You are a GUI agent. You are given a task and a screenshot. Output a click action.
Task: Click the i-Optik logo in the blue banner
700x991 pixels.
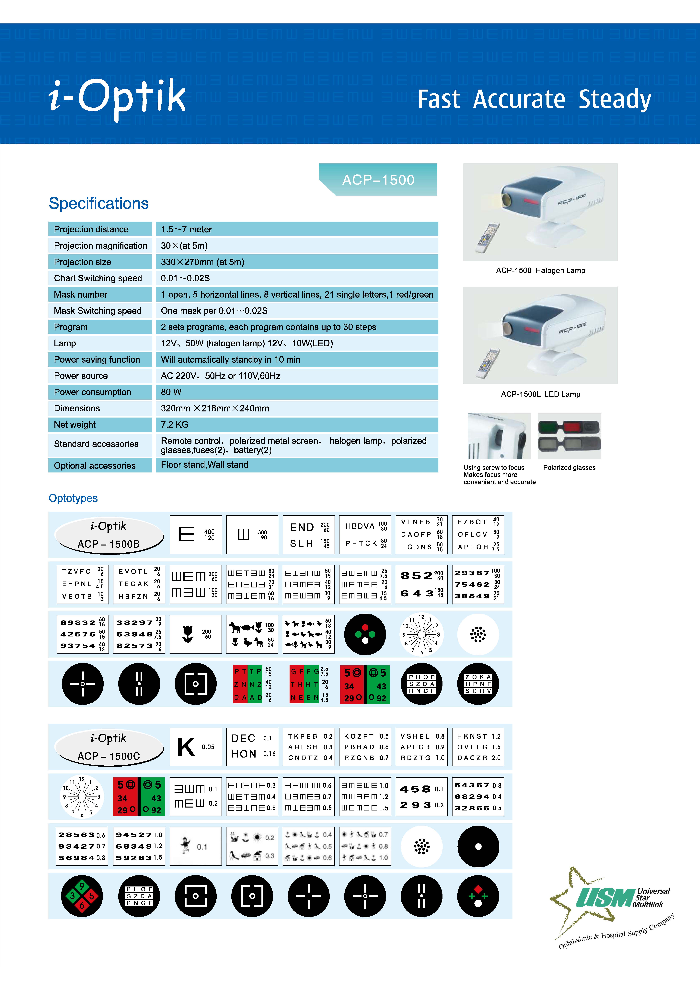coord(117,98)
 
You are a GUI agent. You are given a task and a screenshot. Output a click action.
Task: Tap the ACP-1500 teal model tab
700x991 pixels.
coord(378,180)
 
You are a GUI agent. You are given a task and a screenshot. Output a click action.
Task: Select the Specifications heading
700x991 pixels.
coord(99,203)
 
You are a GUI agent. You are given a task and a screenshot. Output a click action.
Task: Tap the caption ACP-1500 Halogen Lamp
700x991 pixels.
coord(540,271)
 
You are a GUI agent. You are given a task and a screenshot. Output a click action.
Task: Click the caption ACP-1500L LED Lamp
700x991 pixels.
coord(540,394)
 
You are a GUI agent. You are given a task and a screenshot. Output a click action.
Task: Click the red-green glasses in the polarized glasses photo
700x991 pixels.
coord(569,427)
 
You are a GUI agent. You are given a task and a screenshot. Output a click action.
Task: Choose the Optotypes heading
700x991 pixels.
coord(73,498)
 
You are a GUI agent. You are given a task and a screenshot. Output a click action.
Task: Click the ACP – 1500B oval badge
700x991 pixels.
coord(109,535)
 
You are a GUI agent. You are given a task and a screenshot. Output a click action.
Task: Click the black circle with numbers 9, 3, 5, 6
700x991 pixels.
coord(82,896)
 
